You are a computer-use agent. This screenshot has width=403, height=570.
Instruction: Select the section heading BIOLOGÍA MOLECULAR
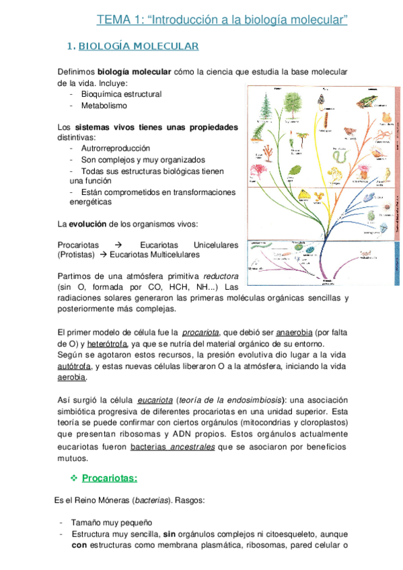click(139, 46)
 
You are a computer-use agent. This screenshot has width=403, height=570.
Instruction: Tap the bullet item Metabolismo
click(104, 106)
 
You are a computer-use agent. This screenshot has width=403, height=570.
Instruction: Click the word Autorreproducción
click(115, 148)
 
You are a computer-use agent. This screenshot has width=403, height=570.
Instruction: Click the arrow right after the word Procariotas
click(118, 245)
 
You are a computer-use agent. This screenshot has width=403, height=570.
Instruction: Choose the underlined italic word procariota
click(200, 331)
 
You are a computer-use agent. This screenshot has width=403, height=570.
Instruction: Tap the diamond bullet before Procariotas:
click(74, 478)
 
